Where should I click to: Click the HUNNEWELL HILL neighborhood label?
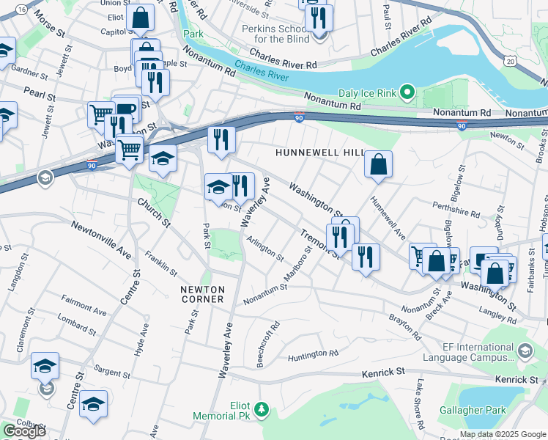click(319, 152)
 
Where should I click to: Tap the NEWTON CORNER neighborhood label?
click(207, 290)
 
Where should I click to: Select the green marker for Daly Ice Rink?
click(410, 92)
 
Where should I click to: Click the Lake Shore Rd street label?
click(420, 405)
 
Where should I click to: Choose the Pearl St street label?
click(40, 94)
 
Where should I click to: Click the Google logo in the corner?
click(23, 430)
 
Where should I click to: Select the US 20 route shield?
click(510, 59)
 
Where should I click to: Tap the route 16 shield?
click(21, 9)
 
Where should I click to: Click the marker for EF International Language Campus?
click(524, 352)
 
